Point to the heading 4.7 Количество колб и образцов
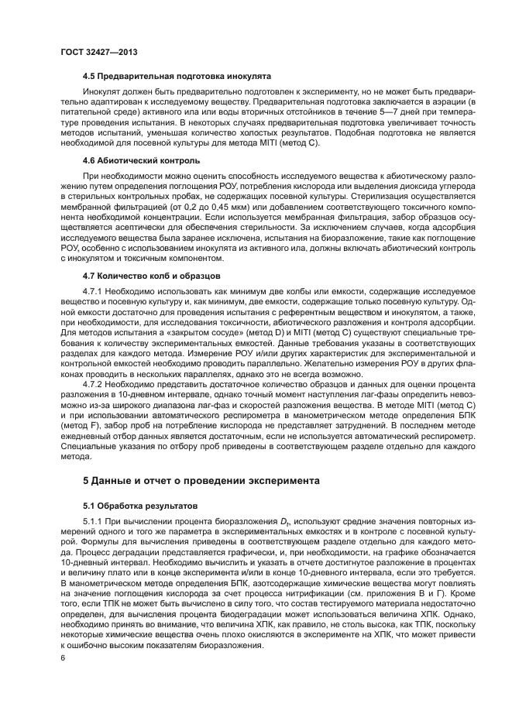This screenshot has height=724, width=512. (153, 275)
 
